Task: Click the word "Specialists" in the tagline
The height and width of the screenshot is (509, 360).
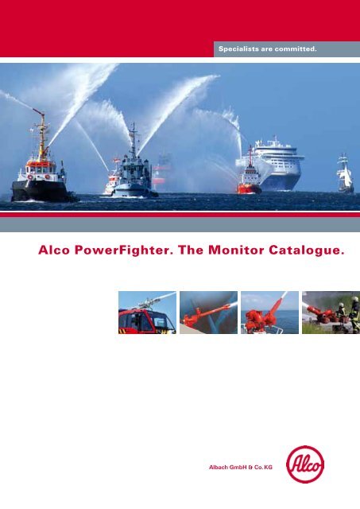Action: coord(235,49)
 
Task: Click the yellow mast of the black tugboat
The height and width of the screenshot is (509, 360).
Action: coord(41,131)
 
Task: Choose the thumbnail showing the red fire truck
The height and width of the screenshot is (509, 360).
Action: coord(147,312)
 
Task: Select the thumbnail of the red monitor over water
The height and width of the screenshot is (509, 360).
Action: coord(269,312)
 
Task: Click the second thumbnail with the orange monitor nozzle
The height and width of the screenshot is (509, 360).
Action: coord(208,312)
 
